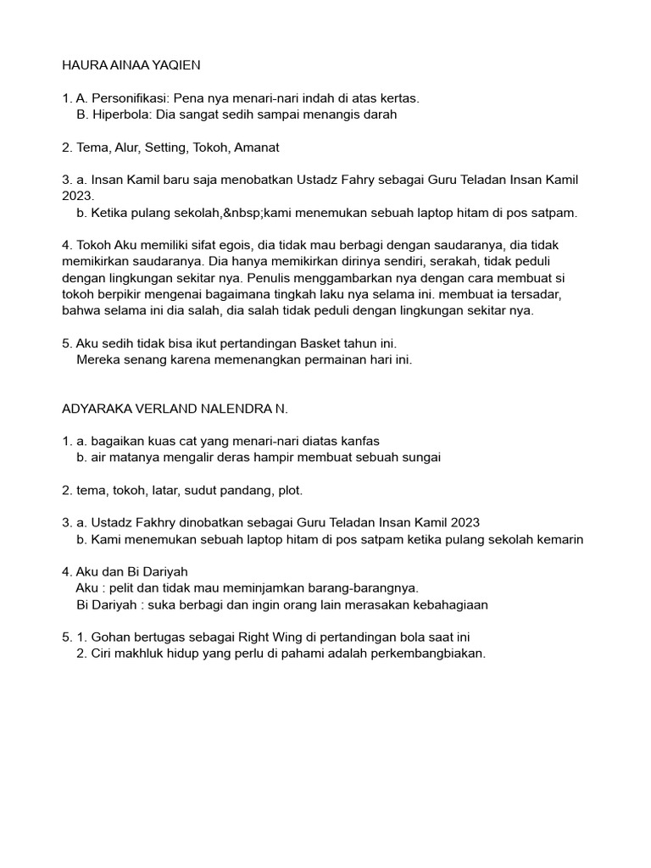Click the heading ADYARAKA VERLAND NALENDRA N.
(175, 409)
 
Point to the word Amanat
(254, 147)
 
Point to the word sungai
(421, 458)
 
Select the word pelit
(130, 588)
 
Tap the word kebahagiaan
(448, 604)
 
